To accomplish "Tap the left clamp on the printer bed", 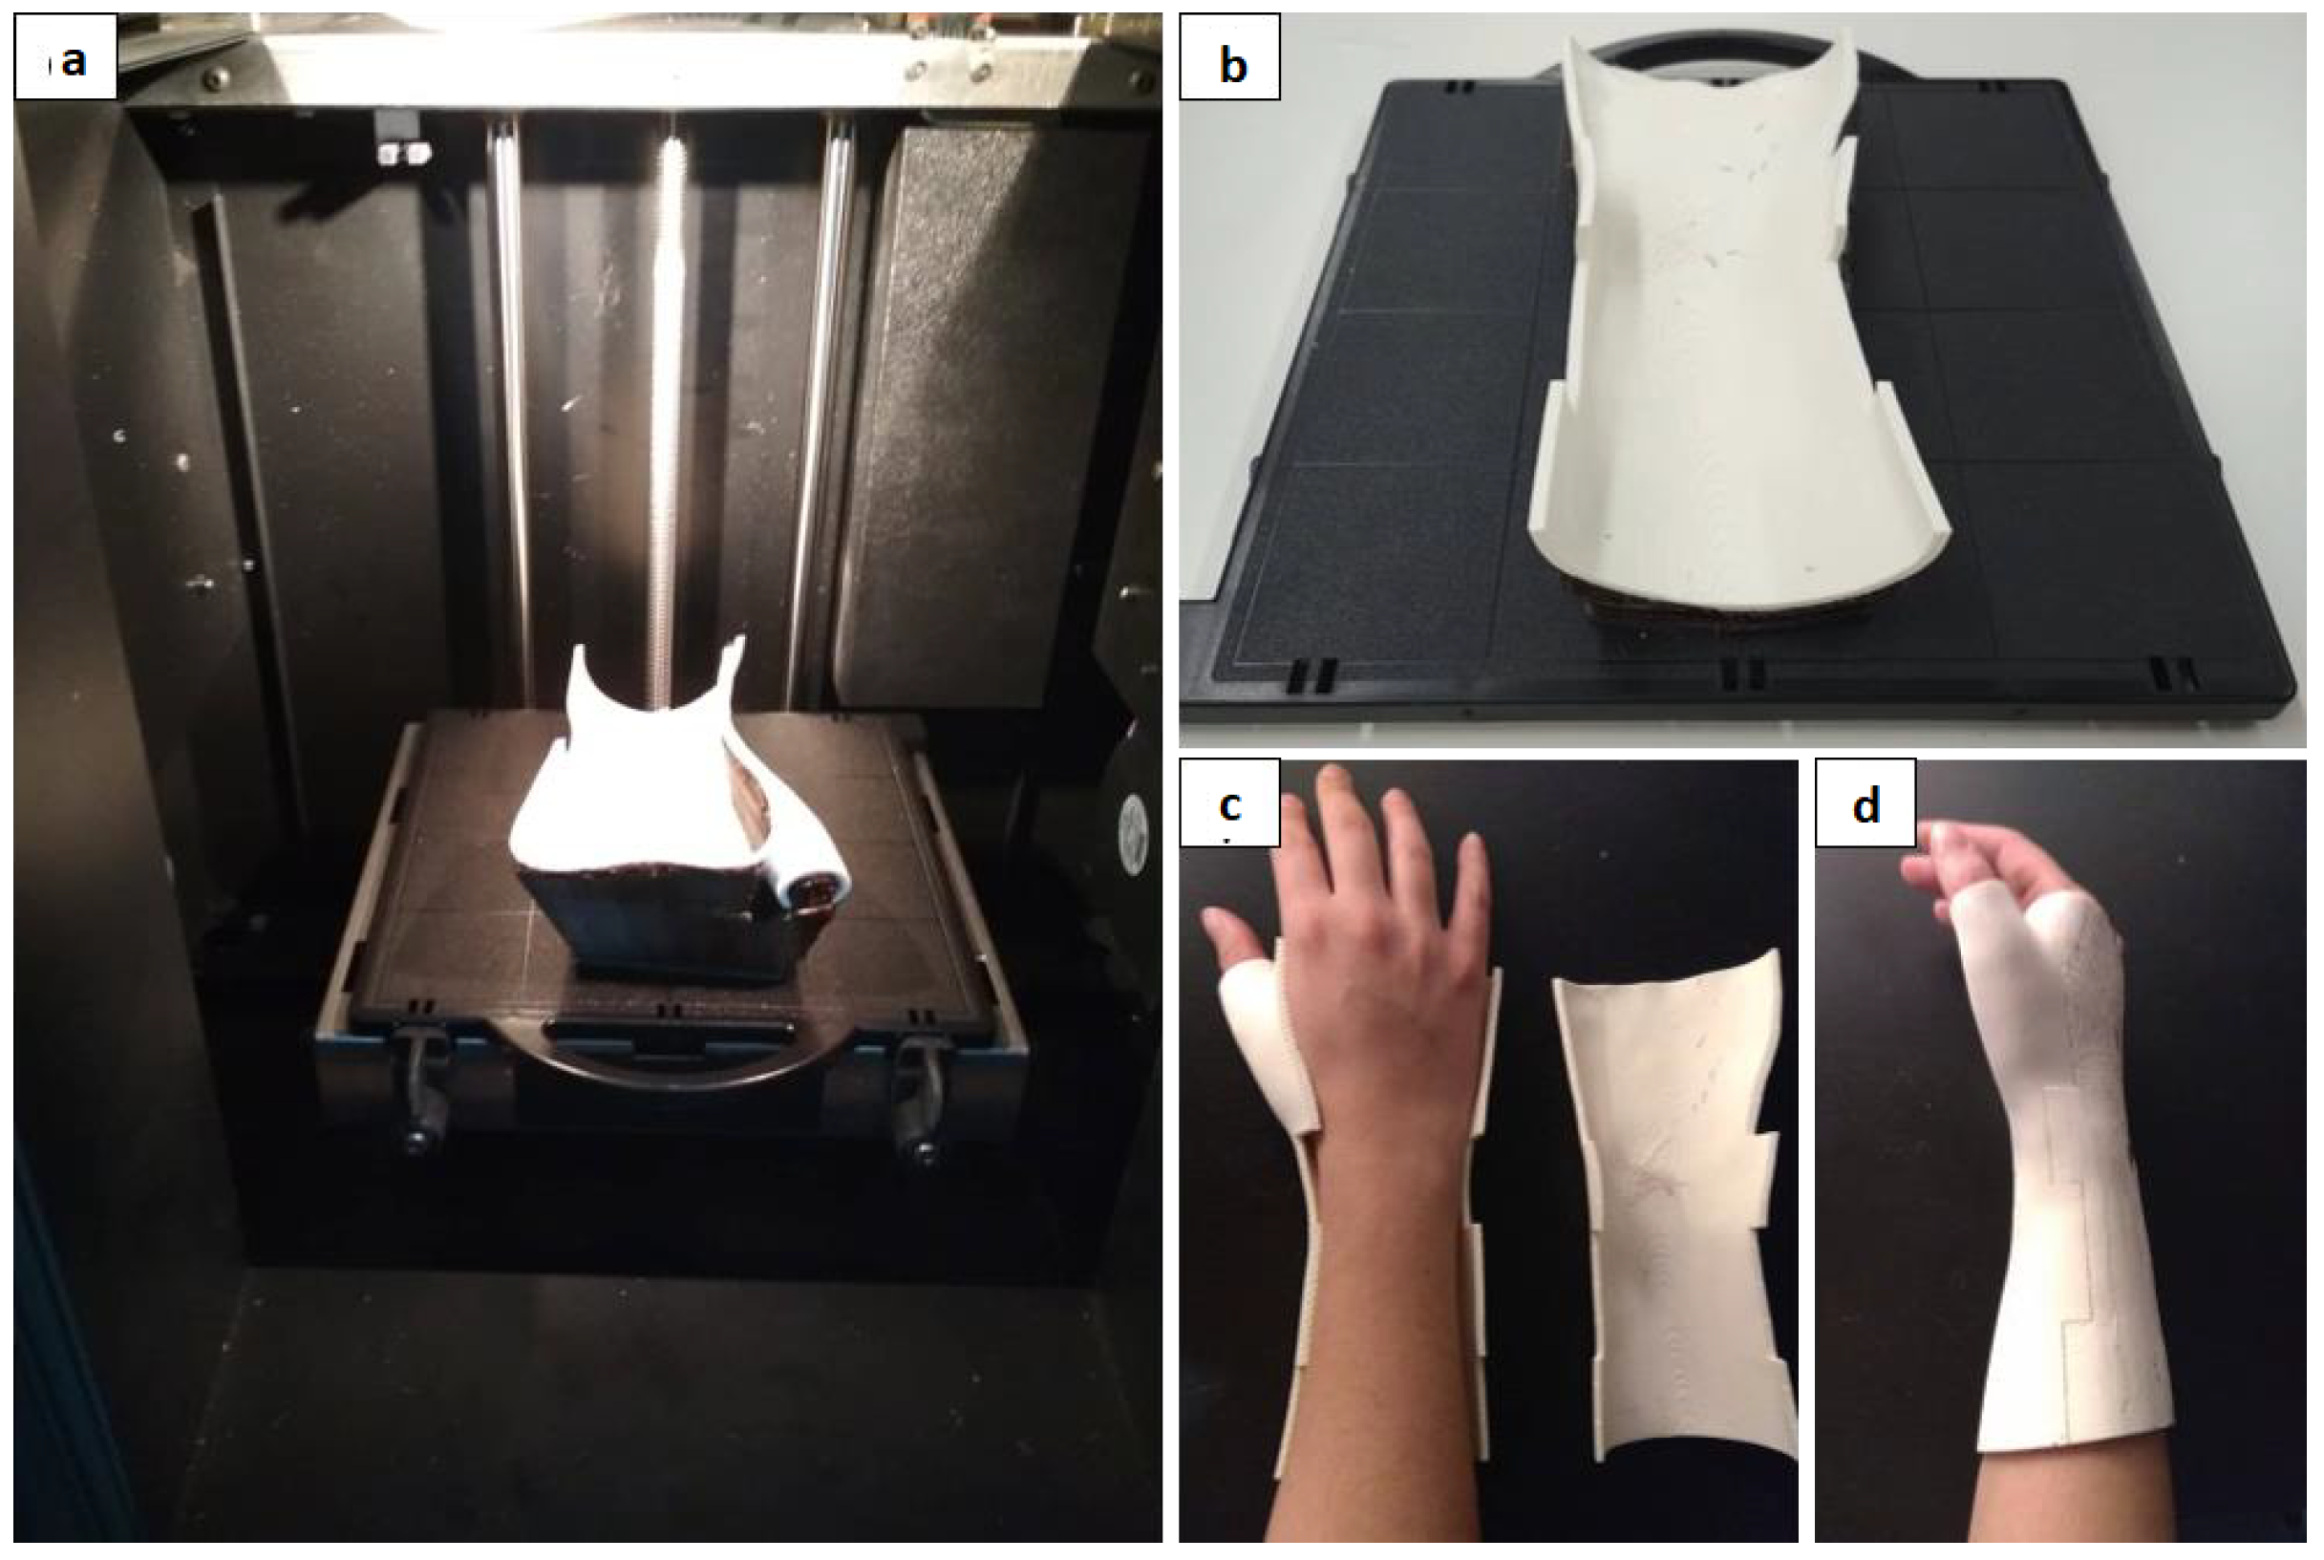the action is click(423, 1089).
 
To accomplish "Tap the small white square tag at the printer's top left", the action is click(401, 137).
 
